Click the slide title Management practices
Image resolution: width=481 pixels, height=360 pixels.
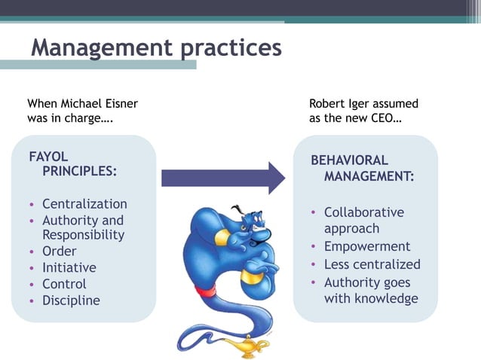(x=156, y=48)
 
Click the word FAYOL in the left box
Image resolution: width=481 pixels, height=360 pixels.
(x=48, y=157)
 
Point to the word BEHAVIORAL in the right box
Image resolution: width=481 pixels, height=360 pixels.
(x=350, y=160)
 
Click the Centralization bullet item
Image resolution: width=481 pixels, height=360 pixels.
(x=84, y=204)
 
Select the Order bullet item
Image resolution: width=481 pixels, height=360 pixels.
(x=59, y=252)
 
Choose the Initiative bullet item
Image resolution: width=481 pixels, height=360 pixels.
(x=69, y=267)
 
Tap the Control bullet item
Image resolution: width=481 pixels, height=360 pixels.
(x=64, y=284)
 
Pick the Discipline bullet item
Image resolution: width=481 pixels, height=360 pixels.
(x=71, y=301)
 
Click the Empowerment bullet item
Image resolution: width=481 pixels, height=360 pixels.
(x=367, y=246)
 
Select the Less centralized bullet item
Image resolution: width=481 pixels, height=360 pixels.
(x=372, y=264)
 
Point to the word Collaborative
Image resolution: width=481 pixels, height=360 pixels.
(x=364, y=212)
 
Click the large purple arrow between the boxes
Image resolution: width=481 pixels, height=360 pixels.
(x=223, y=178)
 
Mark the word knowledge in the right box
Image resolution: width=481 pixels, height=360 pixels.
(x=381, y=298)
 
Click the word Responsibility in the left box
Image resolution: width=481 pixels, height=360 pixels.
(x=83, y=235)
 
